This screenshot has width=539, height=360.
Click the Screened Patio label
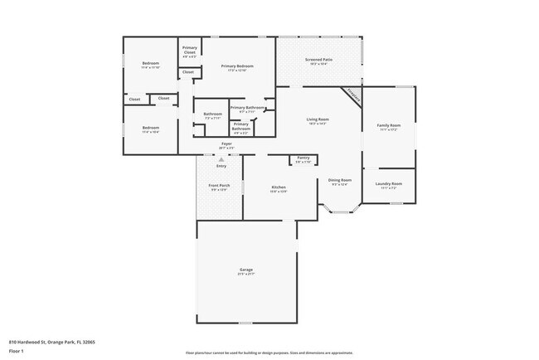coord(318,60)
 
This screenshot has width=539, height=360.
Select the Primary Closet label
coord(190,48)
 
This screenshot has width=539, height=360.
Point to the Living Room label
coord(319,119)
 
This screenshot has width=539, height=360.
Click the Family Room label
coord(388,125)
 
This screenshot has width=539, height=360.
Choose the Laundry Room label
coord(388,183)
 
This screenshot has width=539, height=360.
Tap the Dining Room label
coord(340,180)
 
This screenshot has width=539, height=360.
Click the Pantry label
coord(303,157)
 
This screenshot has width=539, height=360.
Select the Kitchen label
coord(279,187)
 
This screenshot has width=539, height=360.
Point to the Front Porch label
coord(219,187)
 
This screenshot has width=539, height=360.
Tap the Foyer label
coord(226,144)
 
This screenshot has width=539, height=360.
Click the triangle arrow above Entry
coord(221,159)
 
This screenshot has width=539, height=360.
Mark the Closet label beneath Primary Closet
coord(188,72)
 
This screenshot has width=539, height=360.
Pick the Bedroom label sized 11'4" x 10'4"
coord(150,129)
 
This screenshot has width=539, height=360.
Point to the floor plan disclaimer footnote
coord(269,352)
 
